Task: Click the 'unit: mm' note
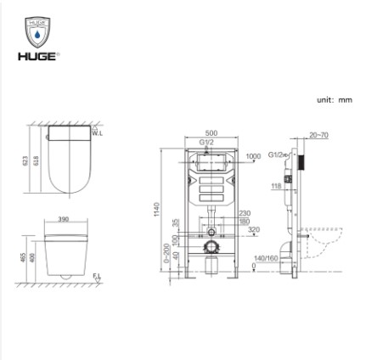click(x=333, y=99)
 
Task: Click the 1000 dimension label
click(x=252, y=156)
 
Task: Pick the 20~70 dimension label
click(x=319, y=134)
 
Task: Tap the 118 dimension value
click(x=276, y=186)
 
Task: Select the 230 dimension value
click(x=245, y=213)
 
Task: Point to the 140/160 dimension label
click(x=266, y=257)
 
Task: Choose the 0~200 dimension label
click(x=166, y=253)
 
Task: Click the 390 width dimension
click(x=63, y=219)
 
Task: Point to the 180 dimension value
click(x=245, y=221)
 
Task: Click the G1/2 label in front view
click(x=206, y=141)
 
